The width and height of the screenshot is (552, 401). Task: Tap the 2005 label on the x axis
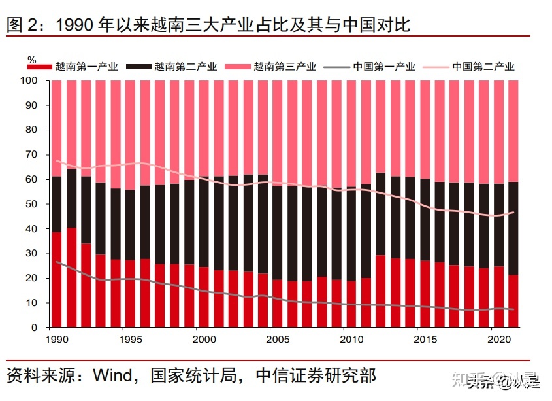278,340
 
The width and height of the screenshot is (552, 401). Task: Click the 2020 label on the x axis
498,340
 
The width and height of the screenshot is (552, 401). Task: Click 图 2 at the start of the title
22,26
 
